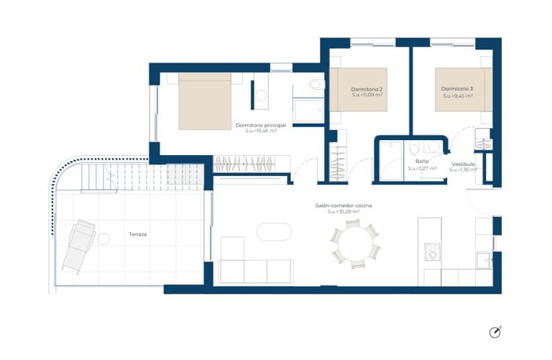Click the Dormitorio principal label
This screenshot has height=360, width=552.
(261, 125)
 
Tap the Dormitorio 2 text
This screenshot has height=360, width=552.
(366, 89)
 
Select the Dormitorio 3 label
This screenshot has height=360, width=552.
(456, 89)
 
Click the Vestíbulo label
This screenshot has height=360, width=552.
(463, 163)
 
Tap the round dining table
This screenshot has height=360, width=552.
(353, 243)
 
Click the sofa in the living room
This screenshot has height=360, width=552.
(255, 268)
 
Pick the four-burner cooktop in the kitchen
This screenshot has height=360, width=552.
(432, 253)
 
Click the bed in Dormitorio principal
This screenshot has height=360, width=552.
(205, 101)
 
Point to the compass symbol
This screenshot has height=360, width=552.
(495, 333)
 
